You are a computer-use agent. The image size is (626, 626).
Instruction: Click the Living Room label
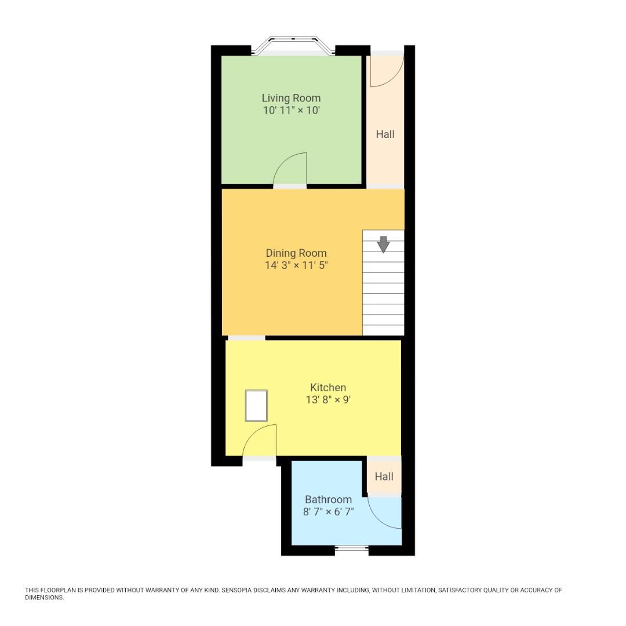(291, 98)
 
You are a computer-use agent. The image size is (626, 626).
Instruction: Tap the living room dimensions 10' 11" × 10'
(291, 110)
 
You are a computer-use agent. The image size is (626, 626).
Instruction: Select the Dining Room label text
(296, 253)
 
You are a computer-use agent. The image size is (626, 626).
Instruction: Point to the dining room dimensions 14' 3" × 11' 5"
(296, 265)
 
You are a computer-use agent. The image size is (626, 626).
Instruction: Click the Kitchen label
(328, 387)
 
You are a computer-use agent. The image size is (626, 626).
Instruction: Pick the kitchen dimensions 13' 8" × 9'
(328, 399)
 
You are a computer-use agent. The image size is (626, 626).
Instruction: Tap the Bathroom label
(328, 499)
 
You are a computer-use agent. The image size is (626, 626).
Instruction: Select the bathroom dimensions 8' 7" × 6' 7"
(328, 512)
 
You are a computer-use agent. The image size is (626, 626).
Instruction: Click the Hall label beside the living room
(385, 134)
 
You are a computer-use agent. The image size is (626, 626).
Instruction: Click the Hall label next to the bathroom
(384, 476)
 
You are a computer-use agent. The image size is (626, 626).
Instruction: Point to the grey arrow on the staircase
(383, 244)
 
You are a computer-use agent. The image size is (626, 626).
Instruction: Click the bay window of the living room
(293, 45)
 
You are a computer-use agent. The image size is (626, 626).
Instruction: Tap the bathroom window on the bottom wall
(352, 548)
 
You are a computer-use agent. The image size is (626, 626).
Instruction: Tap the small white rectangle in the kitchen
(256, 406)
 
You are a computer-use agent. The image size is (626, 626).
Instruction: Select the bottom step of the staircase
(383, 329)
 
